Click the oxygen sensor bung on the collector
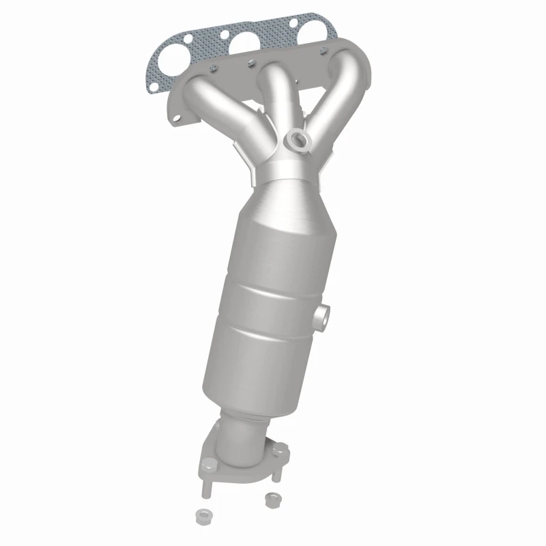298,140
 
